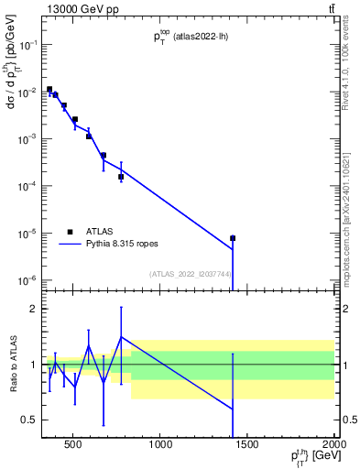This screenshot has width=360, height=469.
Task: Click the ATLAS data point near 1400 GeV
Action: (x=233, y=238)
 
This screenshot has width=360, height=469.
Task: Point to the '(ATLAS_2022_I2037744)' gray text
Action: (x=190, y=274)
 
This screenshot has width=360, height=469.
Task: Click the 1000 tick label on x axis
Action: (x=161, y=447)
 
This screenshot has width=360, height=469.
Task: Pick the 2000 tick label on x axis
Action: (x=333, y=447)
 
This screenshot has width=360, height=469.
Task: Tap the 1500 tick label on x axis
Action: (x=247, y=447)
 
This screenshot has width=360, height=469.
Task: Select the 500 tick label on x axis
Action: (x=75, y=447)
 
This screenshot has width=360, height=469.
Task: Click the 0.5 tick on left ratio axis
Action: (x=28, y=420)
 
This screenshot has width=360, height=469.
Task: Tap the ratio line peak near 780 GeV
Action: (x=121, y=337)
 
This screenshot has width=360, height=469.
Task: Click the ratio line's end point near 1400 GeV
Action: (x=233, y=409)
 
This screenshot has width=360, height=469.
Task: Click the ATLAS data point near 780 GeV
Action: (x=121, y=177)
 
